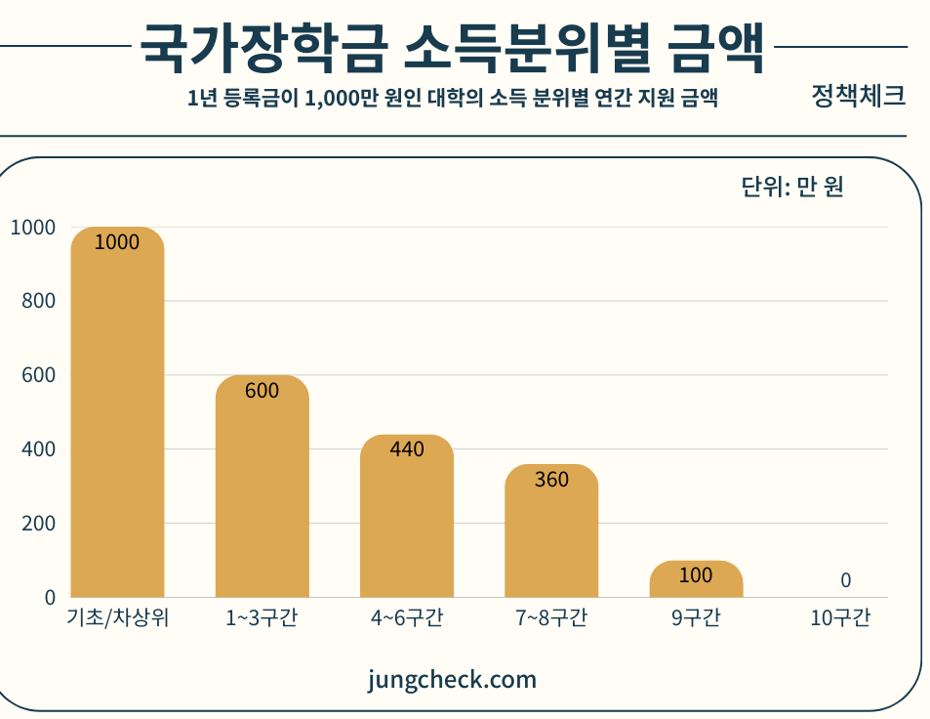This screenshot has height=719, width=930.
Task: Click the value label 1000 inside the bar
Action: pyautogui.click(x=117, y=242)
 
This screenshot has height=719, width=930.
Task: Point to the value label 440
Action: pyautogui.click(x=407, y=449)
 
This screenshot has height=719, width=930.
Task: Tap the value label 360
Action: pyautogui.click(x=551, y=480)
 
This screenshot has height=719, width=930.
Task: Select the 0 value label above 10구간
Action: pyautogui.click(x=845, y=580)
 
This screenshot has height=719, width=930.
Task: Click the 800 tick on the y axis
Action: pyautogui.click(x=38, y=301)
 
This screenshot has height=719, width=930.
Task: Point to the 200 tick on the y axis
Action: pyautogui.click(x=38, y=523)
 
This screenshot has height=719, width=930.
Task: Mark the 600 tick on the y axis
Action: pyautogui.click(x=38, y=375)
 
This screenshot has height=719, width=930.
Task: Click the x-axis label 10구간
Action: pyautogui.click(x=839, y=618)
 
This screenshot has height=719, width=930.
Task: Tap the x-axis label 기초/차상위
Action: pyautogui.click(x=118, y=618)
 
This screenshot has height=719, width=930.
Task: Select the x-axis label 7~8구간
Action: pyautogui.click(x=551, y=618)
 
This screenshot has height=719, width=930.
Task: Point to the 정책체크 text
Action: pyautogui.click(x=858, y=96)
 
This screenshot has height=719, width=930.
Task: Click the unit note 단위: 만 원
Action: pyautogui.click(x=791, y=186)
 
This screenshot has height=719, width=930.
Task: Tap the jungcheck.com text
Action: pyautogui.click(x=453, y=679)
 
